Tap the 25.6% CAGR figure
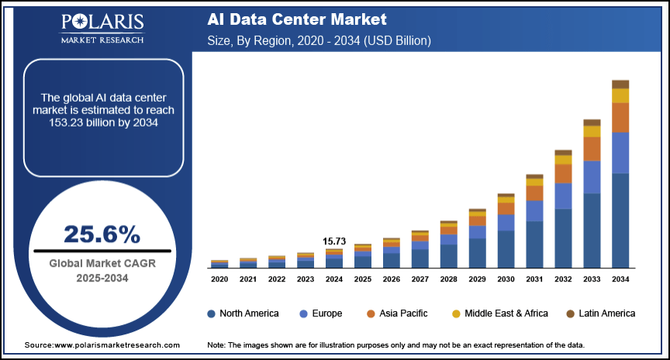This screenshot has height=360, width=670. (x=102, y=234)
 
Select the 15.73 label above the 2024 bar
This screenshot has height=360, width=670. (x=333, y=241)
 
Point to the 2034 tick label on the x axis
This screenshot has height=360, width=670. (x=620, y=279)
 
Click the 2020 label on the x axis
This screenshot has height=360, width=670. (x=219, y=279)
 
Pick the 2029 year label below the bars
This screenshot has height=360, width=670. (x=477, y=279)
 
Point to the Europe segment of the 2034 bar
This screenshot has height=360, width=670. (x=620, y=153)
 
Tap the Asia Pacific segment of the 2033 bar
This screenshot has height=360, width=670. (x=592, y=148)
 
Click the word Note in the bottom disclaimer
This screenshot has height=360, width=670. (x=216, y=344)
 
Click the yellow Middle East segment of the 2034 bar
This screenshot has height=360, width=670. (x=620, y=95)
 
